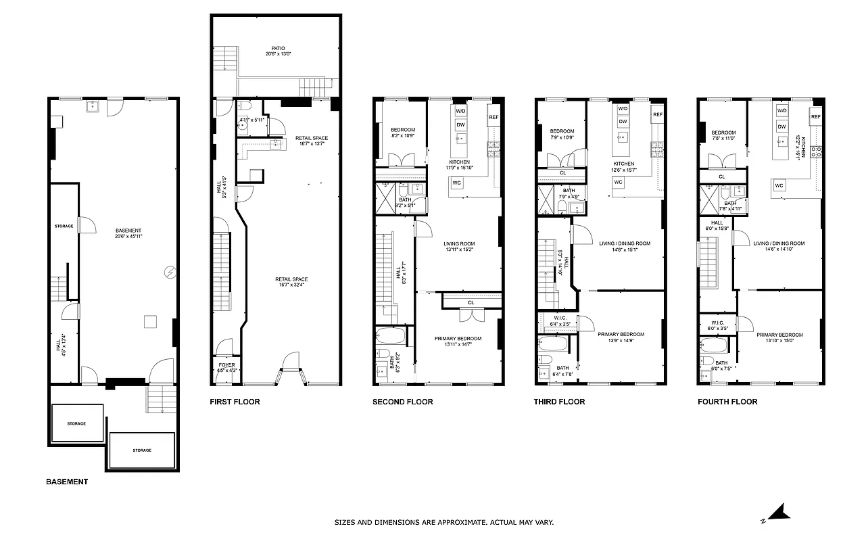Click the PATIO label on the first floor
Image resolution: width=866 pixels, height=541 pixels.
[x=278, y=48]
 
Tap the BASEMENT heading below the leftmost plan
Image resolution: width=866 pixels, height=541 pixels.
[x=67, y=482]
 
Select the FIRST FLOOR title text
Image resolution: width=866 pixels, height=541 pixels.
[x=235, y=402]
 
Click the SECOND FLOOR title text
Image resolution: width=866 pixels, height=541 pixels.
[x=403, y=402]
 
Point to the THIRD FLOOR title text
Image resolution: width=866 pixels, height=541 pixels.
[x=560, y=402]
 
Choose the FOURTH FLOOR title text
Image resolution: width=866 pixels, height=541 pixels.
[x=727, y=402]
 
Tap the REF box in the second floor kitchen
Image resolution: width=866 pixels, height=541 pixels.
[x=493, y=116]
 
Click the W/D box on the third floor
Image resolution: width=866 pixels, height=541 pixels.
[x=623, y=109]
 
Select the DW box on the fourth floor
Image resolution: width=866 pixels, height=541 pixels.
[x=782, y=126]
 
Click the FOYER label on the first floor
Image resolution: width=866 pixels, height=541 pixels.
[x=226, y=364]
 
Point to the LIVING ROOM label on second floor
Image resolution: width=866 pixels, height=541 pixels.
[x=459, y=244]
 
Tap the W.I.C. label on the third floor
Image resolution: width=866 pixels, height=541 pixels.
[x=560, y=319]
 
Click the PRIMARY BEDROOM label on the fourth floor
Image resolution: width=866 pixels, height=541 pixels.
[x=779, y=335]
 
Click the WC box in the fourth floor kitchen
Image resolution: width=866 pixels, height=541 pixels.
[x=779, y=185]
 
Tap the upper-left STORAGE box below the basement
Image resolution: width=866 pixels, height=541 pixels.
[x=76, y=423]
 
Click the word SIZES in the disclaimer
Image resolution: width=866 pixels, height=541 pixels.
[x=346, y=522]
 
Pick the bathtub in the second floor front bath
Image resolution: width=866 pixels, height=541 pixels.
[x=391, y=336]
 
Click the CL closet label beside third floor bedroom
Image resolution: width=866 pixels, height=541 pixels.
[x=562, y=173]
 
